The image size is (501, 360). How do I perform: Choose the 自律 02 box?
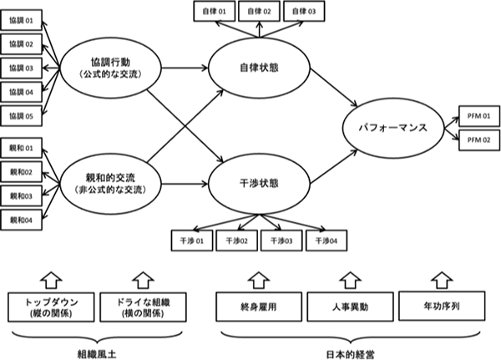pyautogui.click(x=256, y=12)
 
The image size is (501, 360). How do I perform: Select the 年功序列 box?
pyautogui.click(x=441, y=305)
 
